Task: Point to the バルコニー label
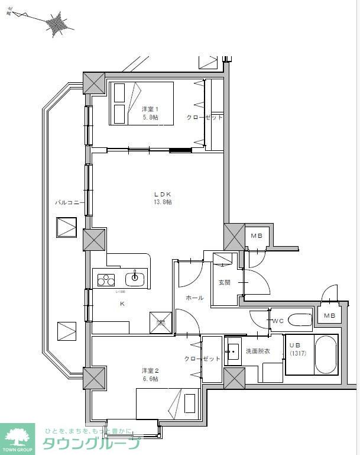(70, 202)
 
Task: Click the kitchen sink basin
(135, 277)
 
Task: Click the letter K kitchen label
(122, 304)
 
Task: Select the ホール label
(194, 298)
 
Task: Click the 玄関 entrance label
(224, 283)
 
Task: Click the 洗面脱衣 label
(258, 351)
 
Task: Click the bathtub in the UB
(325, 355)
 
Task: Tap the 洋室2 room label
(149, 370)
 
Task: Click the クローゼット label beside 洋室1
(205, 117)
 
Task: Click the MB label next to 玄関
(256, 236)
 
